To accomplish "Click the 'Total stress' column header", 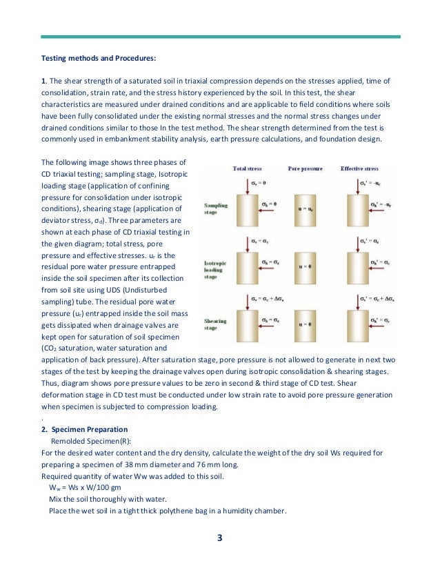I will tap(248, 168).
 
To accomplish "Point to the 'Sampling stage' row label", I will tap(216, 208).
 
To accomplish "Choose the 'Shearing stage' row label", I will tap(216, 324).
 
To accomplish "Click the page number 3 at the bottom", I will tap(220, 539).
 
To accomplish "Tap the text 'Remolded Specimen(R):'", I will tap(90, 441).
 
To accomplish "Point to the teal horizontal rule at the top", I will tap(220, 37).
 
